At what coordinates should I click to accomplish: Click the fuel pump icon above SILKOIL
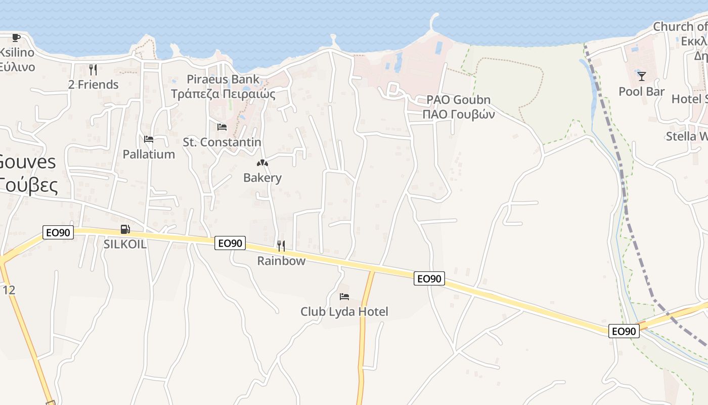125,230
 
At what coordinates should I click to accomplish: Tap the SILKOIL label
125,244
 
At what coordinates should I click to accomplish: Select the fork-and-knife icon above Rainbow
281,246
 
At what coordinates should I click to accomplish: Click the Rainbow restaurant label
281,261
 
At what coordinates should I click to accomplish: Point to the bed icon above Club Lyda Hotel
344,296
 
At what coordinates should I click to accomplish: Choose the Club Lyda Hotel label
344,311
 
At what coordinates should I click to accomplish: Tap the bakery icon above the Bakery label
262,163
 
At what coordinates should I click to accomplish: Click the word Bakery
262,178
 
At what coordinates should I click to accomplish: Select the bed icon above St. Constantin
222,127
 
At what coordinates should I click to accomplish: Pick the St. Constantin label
222,142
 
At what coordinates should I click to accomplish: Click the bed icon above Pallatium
149,139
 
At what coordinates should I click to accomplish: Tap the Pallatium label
149,154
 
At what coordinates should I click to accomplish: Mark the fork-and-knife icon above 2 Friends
93,69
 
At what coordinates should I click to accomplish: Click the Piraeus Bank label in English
223,79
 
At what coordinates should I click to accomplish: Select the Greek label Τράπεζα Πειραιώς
223,94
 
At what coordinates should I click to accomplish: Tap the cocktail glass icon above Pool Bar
642,76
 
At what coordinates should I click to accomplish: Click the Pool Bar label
642,92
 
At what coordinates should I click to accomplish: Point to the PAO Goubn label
458,100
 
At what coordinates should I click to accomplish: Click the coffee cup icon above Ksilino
16,37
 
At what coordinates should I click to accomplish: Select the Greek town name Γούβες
28,186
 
